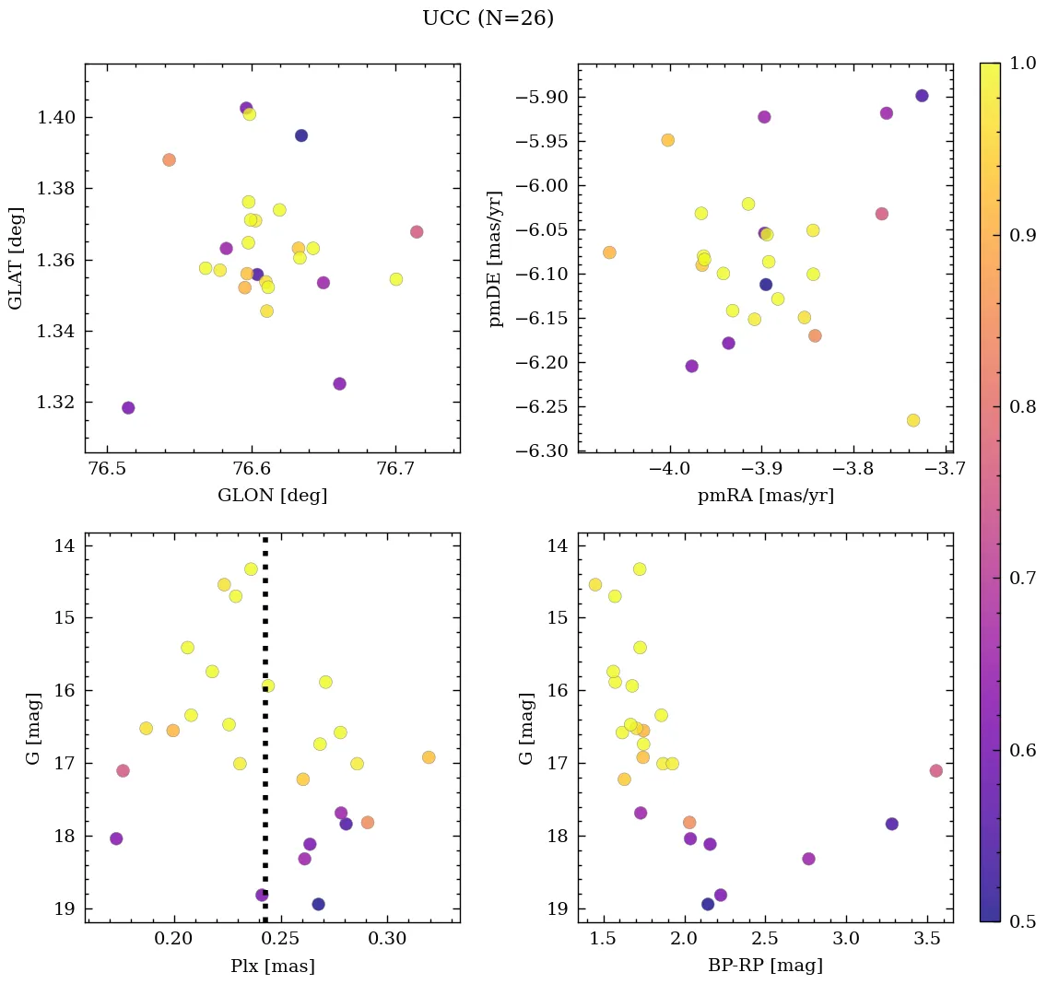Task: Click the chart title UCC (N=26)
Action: click(x=488, y=18)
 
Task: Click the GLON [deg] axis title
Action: click(x=272, y=496)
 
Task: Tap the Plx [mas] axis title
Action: click(x=272, y=966)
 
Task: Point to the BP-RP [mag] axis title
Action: click(x=765, y=966)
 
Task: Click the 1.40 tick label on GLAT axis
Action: click(x=54, y=118)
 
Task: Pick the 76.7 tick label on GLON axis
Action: click(x=395, y=469)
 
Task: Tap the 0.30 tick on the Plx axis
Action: click(x=387, y=939)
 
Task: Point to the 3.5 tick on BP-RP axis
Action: click(x=927, y=939)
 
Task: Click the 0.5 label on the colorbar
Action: click(x=1023, y=921)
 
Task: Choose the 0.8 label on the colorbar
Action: click(x=1023, y=406)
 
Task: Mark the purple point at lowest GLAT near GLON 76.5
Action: click(x=128, y=408)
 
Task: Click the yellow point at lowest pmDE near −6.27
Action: click(x=913, y=420)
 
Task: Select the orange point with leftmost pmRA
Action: click(x=609, y=252)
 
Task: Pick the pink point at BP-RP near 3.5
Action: click(x=936, y=770)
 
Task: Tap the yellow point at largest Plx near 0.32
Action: click(x=429, y=757)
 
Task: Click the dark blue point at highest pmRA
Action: click(x=922, y=96)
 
